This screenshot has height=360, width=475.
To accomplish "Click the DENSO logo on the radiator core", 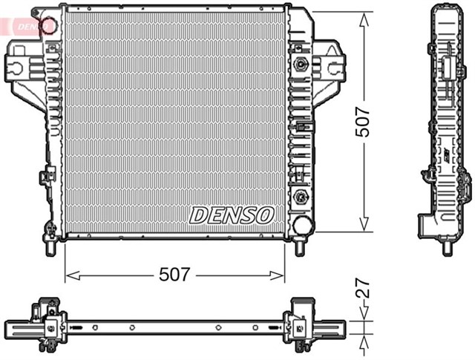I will point(232,215).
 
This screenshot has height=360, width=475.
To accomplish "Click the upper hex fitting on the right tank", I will point(301,64).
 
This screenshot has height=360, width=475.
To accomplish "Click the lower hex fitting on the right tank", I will point(301,197).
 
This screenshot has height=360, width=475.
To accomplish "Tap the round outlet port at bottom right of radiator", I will point(301,224).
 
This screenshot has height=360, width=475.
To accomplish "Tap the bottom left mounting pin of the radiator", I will point(50,247).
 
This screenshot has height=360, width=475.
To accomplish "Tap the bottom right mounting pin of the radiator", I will point(300,247).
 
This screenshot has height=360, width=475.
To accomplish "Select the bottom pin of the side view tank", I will point(447,247).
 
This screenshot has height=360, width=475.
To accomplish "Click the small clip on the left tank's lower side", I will point(46,177).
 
